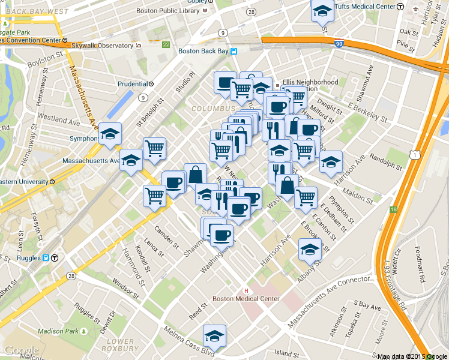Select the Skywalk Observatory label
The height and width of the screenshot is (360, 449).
coord(102,46)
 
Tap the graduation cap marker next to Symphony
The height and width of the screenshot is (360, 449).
coord(110,134)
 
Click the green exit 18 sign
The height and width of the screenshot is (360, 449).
coord(394,209)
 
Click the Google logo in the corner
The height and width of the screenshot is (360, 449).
coord(21,350)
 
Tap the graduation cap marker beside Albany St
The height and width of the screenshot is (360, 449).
coord(310,249)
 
